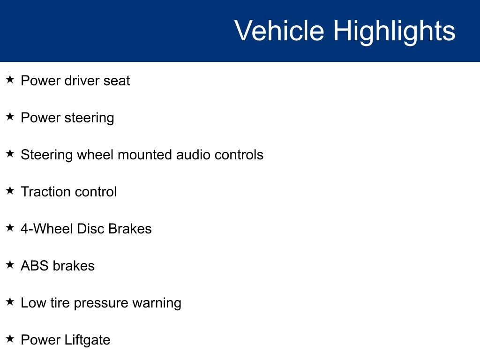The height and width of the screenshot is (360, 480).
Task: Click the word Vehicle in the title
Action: click(x=279, y=31)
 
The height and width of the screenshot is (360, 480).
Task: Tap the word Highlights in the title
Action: click(x=394, y=31)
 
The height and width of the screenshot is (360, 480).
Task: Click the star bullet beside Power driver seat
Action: click(x=10, y=80)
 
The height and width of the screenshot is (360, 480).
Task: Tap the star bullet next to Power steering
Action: click(x=10, y=117)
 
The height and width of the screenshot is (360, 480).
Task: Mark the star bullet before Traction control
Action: click(x=10, y=191)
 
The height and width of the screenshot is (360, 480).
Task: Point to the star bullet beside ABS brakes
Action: click(x=10, y=265)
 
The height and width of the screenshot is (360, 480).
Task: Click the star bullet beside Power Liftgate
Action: click(x=10, y=339)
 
